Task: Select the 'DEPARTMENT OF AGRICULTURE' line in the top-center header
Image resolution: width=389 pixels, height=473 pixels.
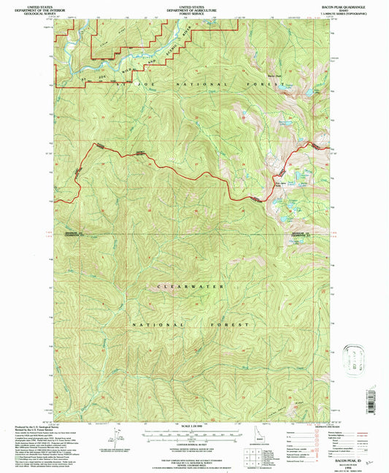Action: pos(193,7)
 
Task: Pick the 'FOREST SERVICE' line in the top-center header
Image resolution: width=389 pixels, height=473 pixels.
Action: pos(193,11)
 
